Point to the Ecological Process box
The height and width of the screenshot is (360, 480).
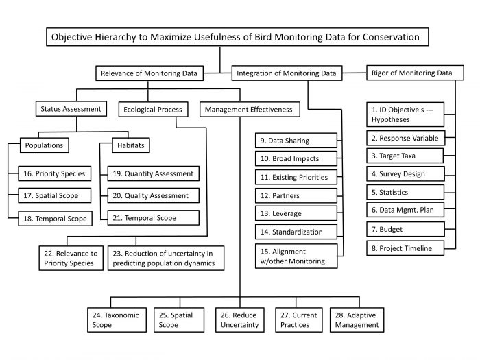(x=153, y=109)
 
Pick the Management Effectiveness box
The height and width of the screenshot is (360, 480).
(x=248, y=109)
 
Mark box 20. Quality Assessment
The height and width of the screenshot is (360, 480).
(x=154, y=196)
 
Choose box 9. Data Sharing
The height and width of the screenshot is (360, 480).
(x=294, y=141)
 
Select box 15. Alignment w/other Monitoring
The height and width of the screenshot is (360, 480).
(x=294, y=256)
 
